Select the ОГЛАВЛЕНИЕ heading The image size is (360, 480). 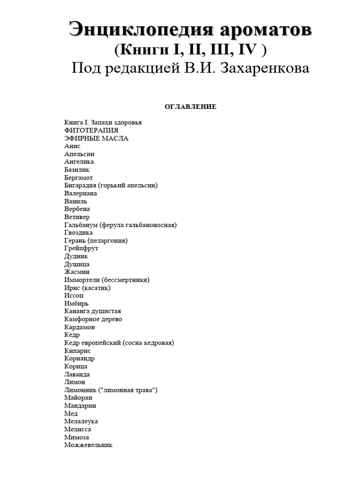(190, 107)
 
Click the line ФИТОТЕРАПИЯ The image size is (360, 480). (91, 130)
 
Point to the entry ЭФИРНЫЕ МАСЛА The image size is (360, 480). (96, 138)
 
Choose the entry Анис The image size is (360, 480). (72, 146)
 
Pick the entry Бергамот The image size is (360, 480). (78, 178)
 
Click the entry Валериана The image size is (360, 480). (81, 194)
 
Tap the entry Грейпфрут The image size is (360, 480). (81, 248)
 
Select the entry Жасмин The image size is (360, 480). (77, 272)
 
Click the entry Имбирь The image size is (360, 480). (76, 303)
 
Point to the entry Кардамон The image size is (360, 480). (80, 327)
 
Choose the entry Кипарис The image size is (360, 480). (77, 351)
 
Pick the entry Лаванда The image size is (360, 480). (77, 375)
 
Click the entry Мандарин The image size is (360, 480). (80, 406)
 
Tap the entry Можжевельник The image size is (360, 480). (88, 445)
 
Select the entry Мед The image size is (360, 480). (71, 414)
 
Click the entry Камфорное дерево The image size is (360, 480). (93, 319)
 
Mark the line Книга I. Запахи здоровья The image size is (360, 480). (103, 122)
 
